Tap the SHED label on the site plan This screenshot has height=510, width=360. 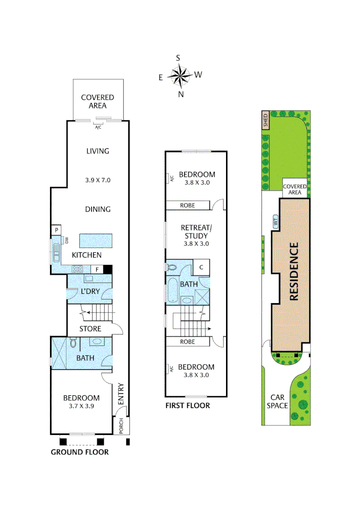coord(265,120)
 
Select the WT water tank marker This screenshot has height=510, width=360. coord(275,221)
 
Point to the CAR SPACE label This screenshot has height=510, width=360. coord(277,401)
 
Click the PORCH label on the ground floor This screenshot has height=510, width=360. coord(121,425)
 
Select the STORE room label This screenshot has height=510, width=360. coord(90,328)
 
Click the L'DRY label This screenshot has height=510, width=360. coord(90,291)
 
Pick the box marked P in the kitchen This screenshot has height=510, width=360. coord(56,230)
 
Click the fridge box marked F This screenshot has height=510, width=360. coord(97,269)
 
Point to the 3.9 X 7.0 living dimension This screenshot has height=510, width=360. coord(98,180)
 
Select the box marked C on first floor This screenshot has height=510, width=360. coord(201,267)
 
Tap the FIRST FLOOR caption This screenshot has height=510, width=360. coord(187,406)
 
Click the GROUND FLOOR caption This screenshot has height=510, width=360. coord(80,452)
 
